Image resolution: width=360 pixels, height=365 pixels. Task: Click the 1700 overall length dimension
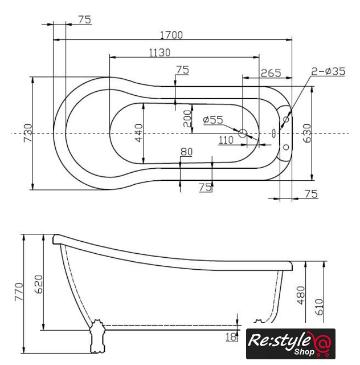pyautogui.click(x=171, y=35)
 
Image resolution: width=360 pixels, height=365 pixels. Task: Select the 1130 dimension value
pyautogui.click(x=159, y=52)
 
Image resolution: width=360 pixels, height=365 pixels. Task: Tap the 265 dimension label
pyautogui.click(x=271, y=73)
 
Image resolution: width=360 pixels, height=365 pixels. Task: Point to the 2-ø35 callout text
pyautogui.click(x=328, y=71)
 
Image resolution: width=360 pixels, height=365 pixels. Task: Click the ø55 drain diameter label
pyautogui.click(x=213, y=120)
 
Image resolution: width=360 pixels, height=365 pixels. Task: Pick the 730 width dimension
pyautogui.click(x=28, y=133)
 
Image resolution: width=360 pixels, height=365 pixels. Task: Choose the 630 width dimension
pyautogui.click(x=307, y=133)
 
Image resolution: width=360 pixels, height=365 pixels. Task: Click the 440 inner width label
pyautogui.click(x=138, y=133)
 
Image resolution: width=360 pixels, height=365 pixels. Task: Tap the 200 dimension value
pyautogui.click(x=187, y=119)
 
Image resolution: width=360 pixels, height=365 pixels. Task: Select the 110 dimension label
pyautogui.click(x=226, y=140)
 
